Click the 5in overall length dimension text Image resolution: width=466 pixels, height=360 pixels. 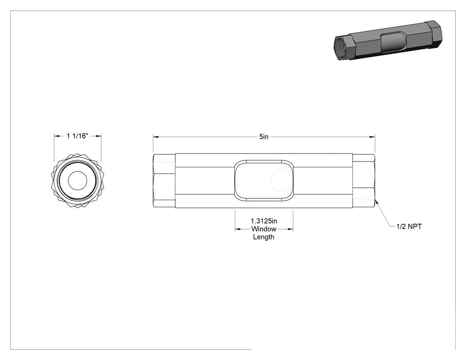(264, 137)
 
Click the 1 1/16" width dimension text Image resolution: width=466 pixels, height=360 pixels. (78, 136)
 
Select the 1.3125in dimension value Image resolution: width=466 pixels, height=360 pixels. (264, 221)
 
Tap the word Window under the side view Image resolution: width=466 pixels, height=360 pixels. (264, 229)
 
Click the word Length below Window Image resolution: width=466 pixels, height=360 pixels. (264, 237)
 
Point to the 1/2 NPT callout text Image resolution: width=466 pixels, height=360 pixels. (409, 226)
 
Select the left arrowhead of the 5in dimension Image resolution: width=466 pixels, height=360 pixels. (156, 137)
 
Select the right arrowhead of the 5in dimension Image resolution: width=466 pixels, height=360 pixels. (372, 137)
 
